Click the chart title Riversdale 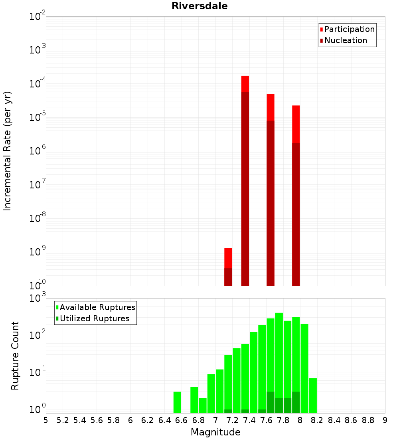pyautogui.click(x=199, y=6)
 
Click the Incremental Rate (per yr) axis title pyautogui.click(x=7, y=151)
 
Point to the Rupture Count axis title pyautogui.click(x=15, y=356)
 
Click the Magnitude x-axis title pyautogui.click(x=215, y=432)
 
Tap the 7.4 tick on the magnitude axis pyautogui.click(x=249, y=420)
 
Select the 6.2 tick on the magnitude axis pyautogui.click(x=148, y=420)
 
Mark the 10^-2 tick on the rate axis pyautogui.click(x=38, y=17)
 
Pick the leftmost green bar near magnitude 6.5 pyautogui.click(x=177, y=402)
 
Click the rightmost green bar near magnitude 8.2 pyautogui.click(x=313, y=395)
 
